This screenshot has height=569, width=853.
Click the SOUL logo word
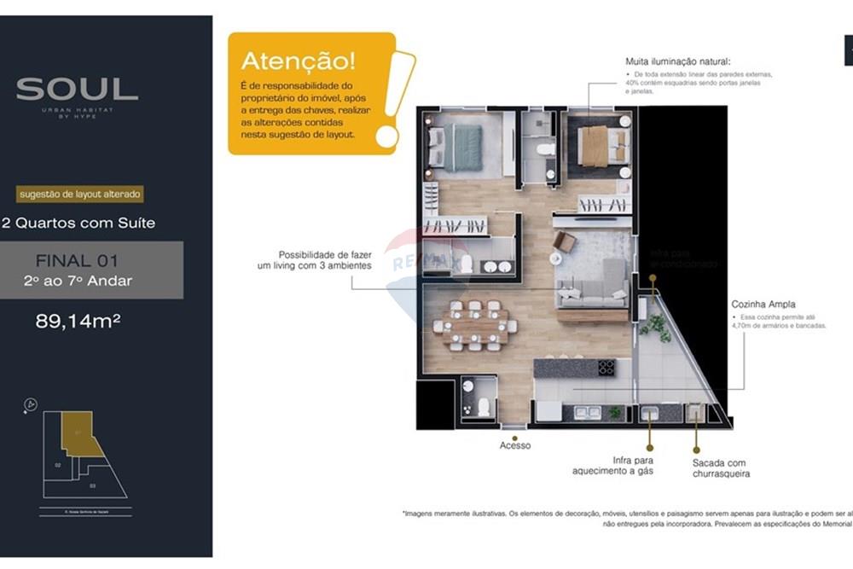point(77,89)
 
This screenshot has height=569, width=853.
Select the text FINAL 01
point(77,260)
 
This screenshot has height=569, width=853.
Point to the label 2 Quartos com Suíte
point(78,224)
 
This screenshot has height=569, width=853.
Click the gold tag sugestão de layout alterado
point(78,195)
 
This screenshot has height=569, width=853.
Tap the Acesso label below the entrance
point(515,445)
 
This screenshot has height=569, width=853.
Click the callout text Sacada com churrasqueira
point(721,468)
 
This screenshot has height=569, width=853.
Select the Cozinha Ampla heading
point(763,304)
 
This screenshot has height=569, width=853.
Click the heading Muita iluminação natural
point(678,61)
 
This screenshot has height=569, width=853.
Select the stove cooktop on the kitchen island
point(606,368)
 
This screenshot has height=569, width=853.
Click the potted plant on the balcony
point(656,325)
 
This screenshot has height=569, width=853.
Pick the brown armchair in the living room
point(565,242)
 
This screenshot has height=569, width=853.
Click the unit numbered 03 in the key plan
point(92,485)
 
